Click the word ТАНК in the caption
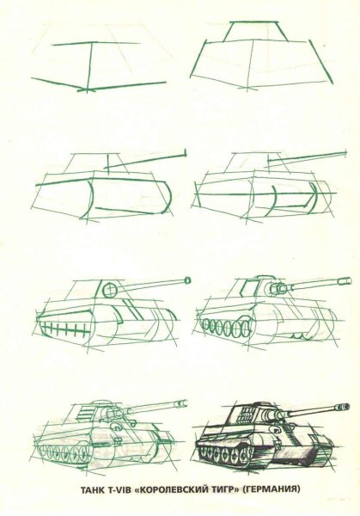pyautogui.click(x=92, y=489)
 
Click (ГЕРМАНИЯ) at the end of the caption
pyautogui.click(x=271, y=489)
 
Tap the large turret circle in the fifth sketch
pyautogui.click(x=110, y=290)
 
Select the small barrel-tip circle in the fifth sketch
pyautogui.click(x=187, y=280)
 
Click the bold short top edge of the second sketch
pyautogui.click(x=253, y=22)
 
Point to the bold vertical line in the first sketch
pyautogui.click(x=89, y=67)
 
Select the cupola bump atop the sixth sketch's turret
pyautogui.click(x=265, y=277)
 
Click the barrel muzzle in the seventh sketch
pyautogui.click(x=182, y=403)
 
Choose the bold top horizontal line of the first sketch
pyautogui.click(x=96, y=44)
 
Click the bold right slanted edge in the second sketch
pyautogui.click(x=320, y=61)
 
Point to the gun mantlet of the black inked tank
pyautogui.click(x=272, y=416)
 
